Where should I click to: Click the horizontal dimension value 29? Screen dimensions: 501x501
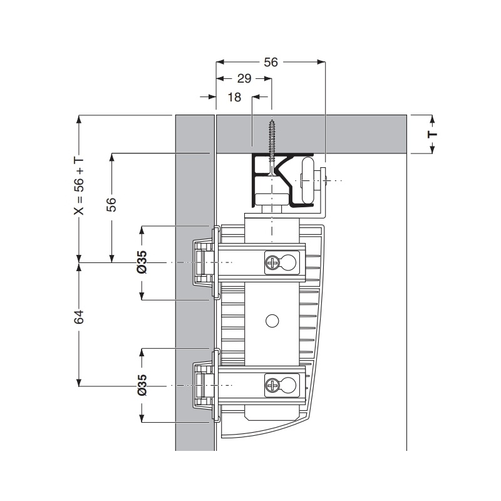tap(244, 79)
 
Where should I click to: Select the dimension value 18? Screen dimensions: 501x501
tap(234, 97)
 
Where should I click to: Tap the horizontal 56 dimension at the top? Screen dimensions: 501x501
tap(271, 62)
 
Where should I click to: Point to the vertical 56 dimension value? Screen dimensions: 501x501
tap(111, 204)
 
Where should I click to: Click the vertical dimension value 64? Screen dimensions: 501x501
tap(79, 317)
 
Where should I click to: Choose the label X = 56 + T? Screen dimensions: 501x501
tap(79, 187)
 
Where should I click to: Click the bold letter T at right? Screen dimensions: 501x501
tap(432, 134)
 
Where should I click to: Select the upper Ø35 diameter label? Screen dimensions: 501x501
tap(142, 262)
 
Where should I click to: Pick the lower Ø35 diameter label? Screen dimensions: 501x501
tap(142, 385)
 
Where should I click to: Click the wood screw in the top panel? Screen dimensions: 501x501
tap(272, 147)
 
